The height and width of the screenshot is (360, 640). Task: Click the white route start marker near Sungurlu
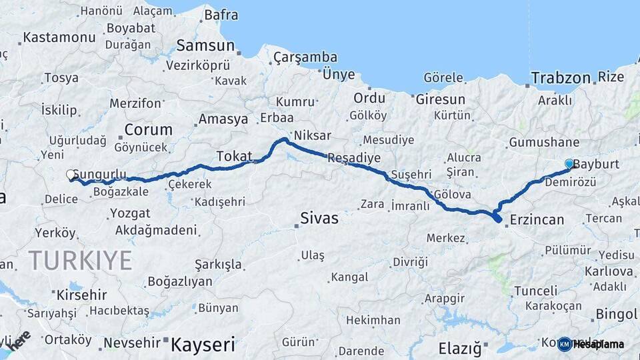click(71, 175)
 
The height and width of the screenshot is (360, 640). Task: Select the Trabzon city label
click(559, 78)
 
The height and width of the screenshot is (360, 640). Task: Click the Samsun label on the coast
click(205, 46)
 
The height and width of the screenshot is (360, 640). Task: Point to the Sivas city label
click(319, 218)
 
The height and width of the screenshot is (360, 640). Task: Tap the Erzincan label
click(537, 219)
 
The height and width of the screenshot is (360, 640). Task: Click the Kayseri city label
click(203, 345)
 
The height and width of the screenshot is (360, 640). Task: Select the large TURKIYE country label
click(80, 261)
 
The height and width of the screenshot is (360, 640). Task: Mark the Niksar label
click(311, 135)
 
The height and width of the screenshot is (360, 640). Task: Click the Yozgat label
click(131, 214)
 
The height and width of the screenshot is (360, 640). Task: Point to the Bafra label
click(221, 15)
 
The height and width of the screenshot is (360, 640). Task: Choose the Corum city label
click(148, 129)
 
